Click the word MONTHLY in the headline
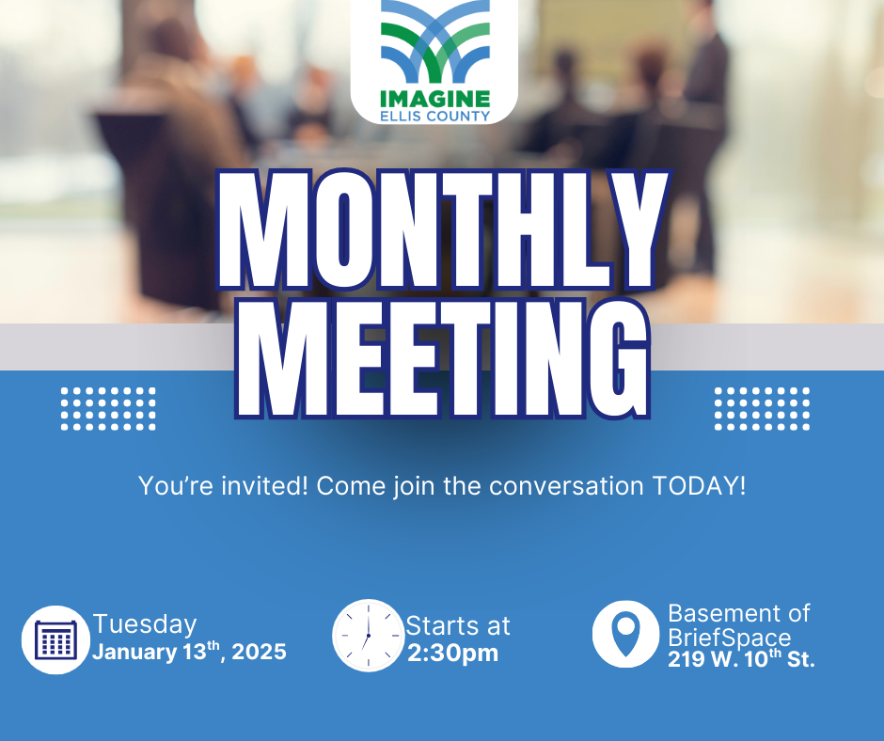click(x=443, y=230)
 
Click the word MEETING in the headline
click(x=443, y=358)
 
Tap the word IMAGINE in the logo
click(x=434, y=99)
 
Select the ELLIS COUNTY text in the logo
click(x=434, y=117)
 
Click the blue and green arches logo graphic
click(x=434, y=41)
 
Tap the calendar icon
click(x=55, y=639)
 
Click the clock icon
click(x=368, y=636)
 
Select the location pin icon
click(x=625, y=635)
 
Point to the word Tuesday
click(x=145, y=624)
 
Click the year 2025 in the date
click(x=260, y=652)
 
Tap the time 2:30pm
click(x=452, y=654)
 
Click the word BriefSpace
click(x=730, y=639)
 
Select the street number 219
click(x=685, y=659)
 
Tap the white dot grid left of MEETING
click(x=108, y=409)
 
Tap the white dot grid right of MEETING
click(x=763, y=409)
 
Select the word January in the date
click(x=134, y=653)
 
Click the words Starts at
click(x=458, y=626)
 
